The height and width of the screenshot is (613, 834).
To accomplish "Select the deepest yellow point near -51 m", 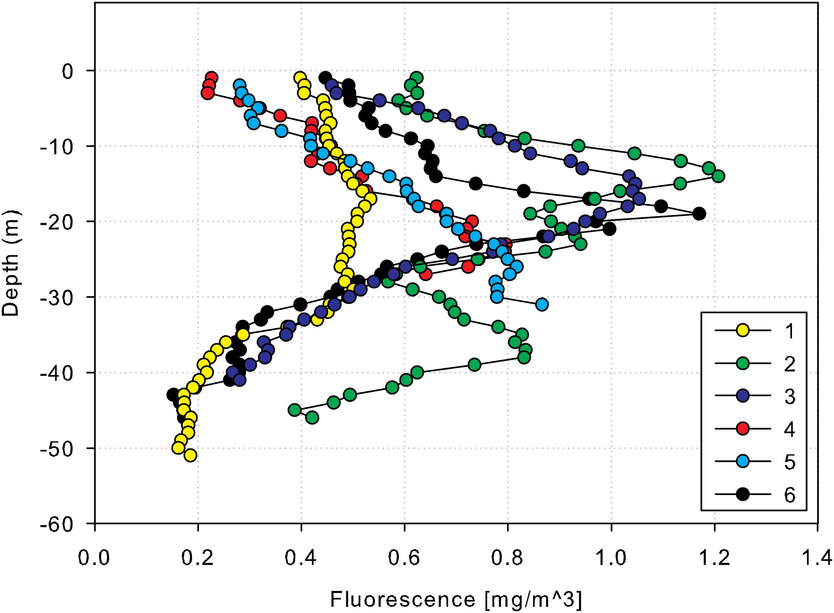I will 190,456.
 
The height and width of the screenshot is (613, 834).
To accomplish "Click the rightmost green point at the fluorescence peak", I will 719,176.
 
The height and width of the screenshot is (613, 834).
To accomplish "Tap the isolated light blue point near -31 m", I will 542,305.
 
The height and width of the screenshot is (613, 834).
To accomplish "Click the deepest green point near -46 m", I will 312,418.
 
